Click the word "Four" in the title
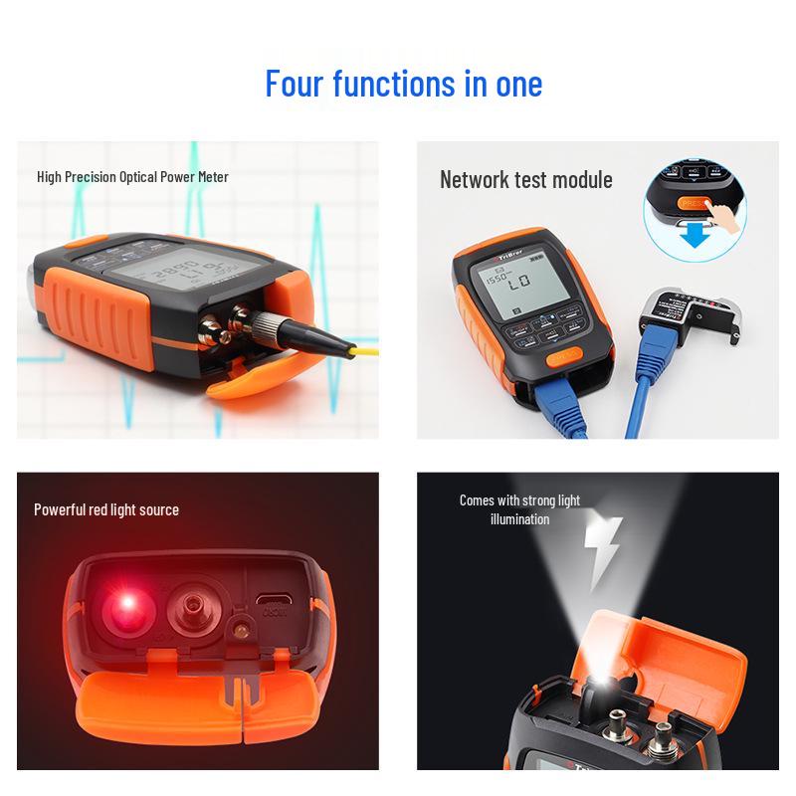(x=295, y=83)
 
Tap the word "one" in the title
(x=518, y=83)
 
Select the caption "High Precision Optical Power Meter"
(x=132, y=177)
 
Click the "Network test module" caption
(x=525, y=180)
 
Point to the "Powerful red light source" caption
(x=106, y=509)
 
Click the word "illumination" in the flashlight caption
(x=519, y=519)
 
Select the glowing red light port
(x=127, y=605)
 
